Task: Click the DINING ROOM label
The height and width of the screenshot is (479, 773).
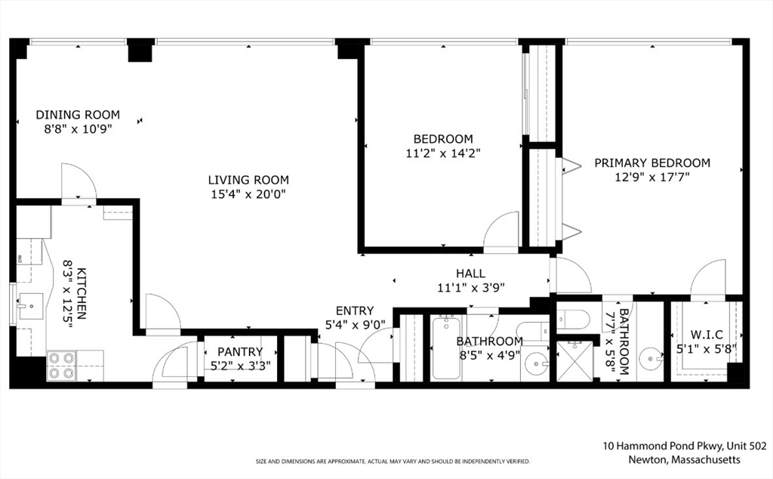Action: [x=78, y=115]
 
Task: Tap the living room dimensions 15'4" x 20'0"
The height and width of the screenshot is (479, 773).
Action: [x=248, y=194]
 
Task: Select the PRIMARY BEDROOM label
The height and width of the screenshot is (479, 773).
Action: [x=651, y=162]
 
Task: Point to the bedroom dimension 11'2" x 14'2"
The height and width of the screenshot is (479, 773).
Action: [x=443, y=153]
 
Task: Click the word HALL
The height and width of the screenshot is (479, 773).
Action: [x=470, y=273]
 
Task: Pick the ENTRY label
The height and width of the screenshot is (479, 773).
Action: [x=354, y=311]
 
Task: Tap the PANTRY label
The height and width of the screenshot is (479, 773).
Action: [x=240, y=352]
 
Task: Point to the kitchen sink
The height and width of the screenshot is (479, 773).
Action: [x=30, y=306]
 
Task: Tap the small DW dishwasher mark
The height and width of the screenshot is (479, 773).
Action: [x=20, y=258]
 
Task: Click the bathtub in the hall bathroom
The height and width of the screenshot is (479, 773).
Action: [x=446, y=348]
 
